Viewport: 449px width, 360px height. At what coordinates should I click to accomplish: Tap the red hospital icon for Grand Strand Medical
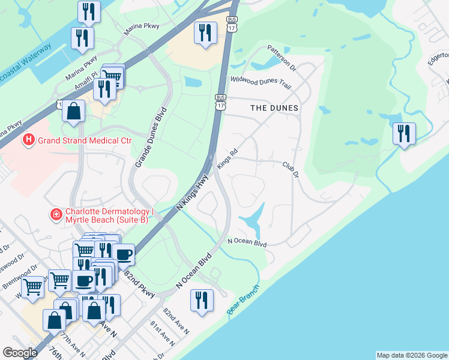coord(28,141)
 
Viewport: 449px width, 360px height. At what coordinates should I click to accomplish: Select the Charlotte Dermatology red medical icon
coord(56,214)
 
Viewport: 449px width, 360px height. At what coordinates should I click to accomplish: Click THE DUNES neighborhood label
coord(274,108)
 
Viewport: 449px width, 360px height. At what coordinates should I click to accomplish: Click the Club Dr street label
coord(291,168)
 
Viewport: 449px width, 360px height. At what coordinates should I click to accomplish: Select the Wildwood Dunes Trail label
coord(261,82)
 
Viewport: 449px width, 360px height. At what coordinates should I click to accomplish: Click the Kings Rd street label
coord(228,160)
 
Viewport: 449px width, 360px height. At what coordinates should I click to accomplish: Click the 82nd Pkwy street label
coord(140,283)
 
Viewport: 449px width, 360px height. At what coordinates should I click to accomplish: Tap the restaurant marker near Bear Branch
coord(202,300)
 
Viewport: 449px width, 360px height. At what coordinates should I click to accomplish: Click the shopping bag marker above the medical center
coord(73,112)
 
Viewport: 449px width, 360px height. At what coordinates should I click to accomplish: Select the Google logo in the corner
coord(19,353)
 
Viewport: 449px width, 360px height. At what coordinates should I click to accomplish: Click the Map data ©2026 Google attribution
coord(412,355)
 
